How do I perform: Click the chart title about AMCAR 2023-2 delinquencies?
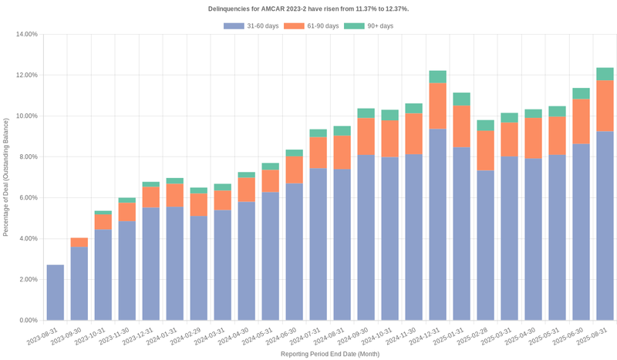tap(308, 8)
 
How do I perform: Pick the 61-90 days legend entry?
tap(312, 26)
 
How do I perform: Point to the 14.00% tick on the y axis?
tap(26, 35)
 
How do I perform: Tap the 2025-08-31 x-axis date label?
tap(594, 337)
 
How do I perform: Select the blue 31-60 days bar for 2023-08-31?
tap(56, 292)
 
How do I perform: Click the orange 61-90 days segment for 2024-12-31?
tap(438, 106)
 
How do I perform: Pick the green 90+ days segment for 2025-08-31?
tap(605, 74)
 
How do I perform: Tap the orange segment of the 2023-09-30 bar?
tap(79, 242)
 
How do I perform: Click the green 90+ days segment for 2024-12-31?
tap(438, 77)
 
